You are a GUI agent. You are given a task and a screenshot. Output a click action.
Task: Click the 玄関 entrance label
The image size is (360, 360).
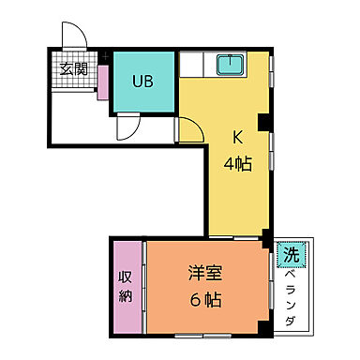74,68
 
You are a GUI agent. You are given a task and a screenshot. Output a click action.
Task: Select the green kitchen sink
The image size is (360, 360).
229,67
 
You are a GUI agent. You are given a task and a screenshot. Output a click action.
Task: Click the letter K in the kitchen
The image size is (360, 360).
238,137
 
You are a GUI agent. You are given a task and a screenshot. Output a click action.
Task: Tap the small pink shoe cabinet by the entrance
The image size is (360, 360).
100,89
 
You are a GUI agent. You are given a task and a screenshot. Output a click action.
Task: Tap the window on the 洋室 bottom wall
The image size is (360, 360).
206,334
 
